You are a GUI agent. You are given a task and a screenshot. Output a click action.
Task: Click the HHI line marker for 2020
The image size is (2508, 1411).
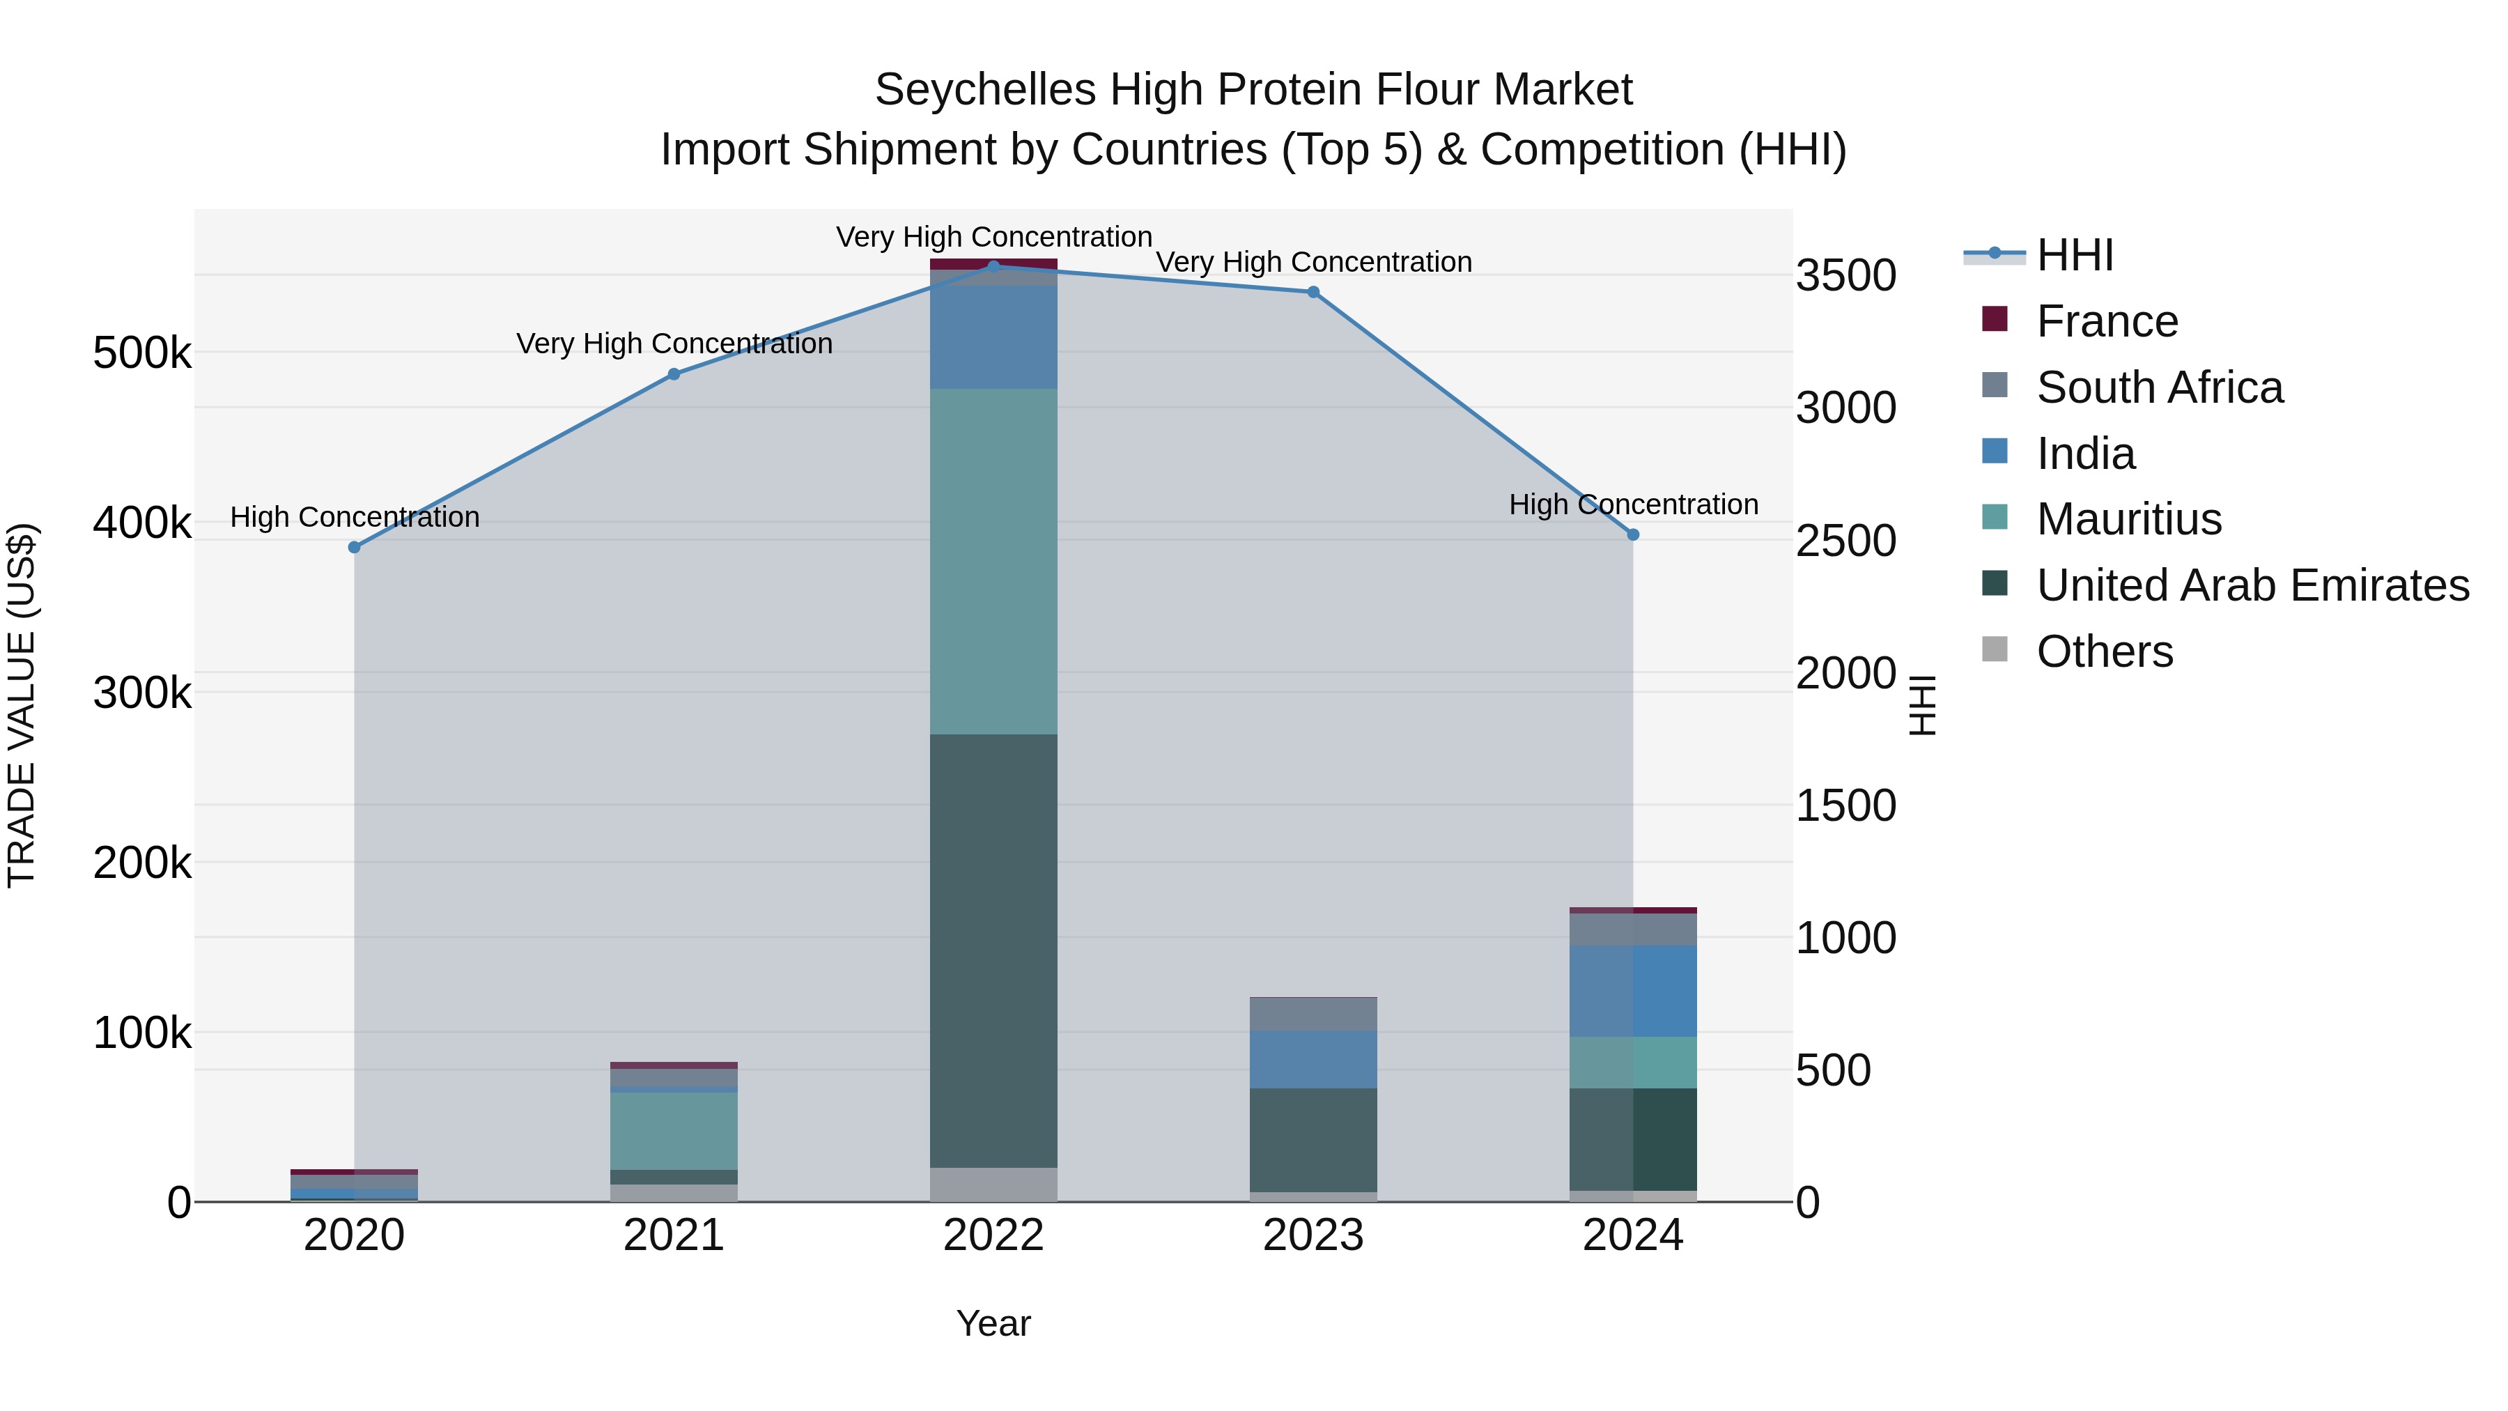click(355, 547)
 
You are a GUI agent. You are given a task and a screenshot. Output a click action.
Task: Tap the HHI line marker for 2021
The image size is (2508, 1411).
click(674, 374)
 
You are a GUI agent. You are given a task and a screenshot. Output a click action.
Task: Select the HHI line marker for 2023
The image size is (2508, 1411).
click(1313, 292)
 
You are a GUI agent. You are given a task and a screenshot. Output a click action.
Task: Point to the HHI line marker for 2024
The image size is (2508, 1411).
click(1633, 534)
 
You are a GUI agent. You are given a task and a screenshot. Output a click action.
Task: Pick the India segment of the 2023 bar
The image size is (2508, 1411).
click(1313, 1059)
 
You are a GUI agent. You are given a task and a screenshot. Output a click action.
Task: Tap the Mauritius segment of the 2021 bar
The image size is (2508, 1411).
click(674, 1131)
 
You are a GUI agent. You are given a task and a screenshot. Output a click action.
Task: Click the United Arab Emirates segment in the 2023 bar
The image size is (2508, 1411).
click(1313, 1139)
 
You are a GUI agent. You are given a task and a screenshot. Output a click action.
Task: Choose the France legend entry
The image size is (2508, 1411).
click(2106, 321)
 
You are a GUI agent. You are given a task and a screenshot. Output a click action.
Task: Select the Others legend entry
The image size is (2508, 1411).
click(2104, 651)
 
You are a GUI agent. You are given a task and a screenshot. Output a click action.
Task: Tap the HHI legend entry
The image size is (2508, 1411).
click(2074, 255)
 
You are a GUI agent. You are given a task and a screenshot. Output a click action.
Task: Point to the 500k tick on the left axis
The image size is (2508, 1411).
click(142, 353)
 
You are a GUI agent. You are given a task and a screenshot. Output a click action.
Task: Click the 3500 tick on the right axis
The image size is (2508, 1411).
click(1845, 275)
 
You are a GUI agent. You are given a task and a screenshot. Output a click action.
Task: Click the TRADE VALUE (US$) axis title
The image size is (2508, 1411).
click(22, 705)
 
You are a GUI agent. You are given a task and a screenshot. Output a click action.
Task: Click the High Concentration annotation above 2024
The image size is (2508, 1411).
click(1633, 504)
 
